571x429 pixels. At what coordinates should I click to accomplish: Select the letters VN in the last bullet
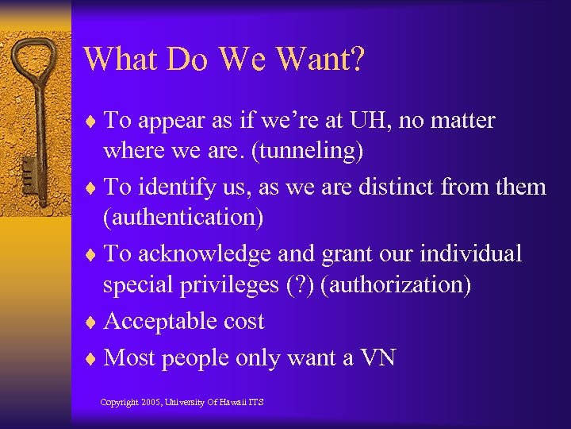pyautogui.click(x=377, y=358)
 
